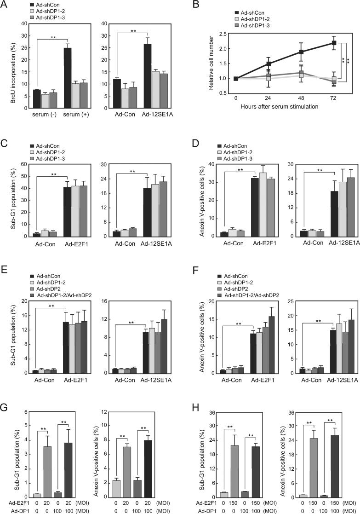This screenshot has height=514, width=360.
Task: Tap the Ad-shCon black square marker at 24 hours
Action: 268,64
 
